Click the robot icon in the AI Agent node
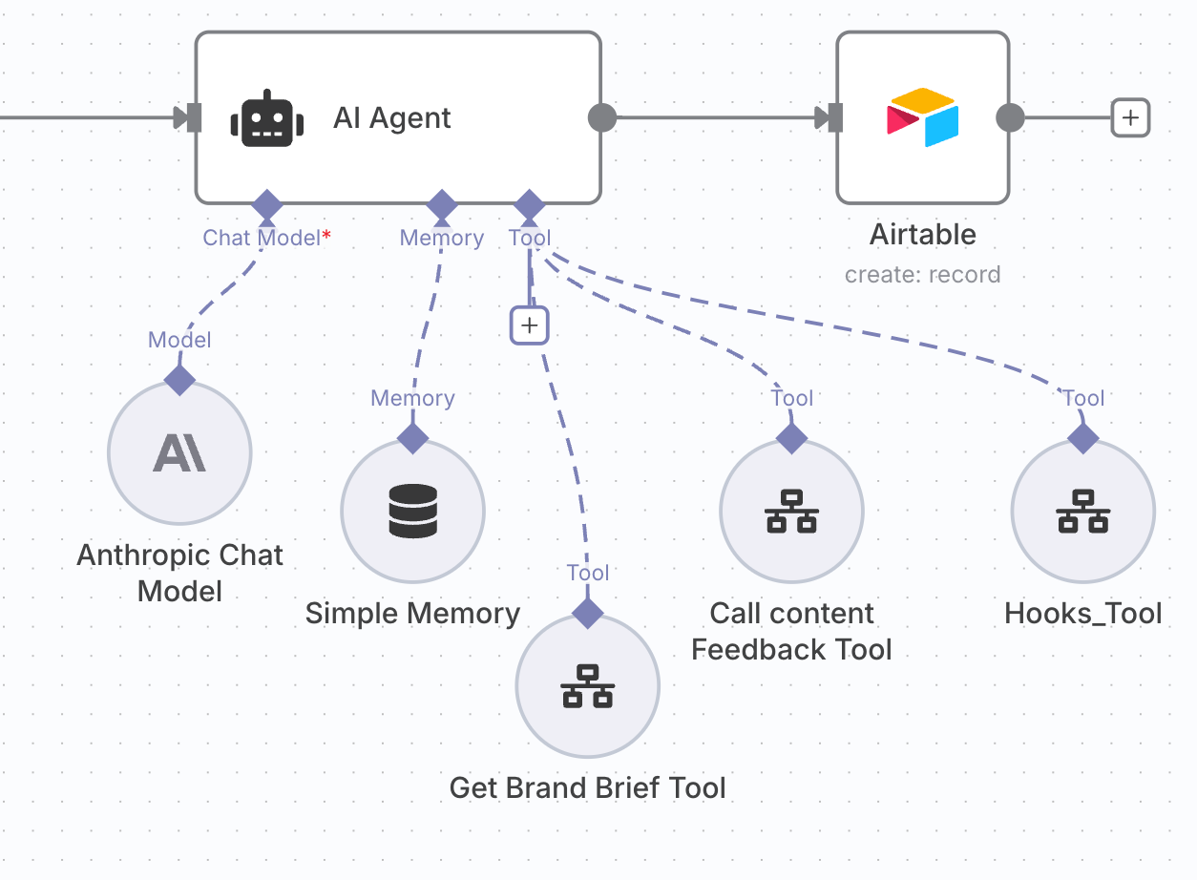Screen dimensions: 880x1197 pyautogui.click(x=266, y=119)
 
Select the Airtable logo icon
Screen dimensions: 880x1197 pyautogui.click(x=922, y=117)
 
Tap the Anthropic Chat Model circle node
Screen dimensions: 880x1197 pyautogui.click(x=179, y=452)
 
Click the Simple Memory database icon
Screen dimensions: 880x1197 pyautogui.click(x=413, y=511)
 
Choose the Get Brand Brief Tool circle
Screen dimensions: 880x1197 pyautogui.click(x=587, y=685)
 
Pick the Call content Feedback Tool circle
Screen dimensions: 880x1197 pyautogui.click(x=791, y=511)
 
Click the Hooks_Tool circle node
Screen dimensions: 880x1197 pyautogui.click(x=1083, y=511)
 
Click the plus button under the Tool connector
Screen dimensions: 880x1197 pyautogui.click(x=530, y=325)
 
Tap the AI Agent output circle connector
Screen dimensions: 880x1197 pyautogui.click(x=601, y=118)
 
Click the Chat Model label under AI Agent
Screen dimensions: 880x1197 pyautogui.click(x=261, y=238)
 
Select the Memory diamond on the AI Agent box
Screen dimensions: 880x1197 pyautogui.click(x=442, y=204)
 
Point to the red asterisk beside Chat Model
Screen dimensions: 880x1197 pyautogui.click(x=326, y=235)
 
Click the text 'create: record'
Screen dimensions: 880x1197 pyautogui.click(x=922, y=275)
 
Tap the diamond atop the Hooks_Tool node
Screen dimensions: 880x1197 pyautogui.click(x=1083, y=438)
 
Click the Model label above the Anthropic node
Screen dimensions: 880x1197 pyautogui.click(x=179, y=340)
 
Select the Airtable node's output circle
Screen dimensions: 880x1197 pyautogui.click(x=1010, y=118)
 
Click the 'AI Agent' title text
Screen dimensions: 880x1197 pyautogui.click(x=392, y=118)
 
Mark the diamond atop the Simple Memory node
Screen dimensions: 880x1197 pyautogui.click(x=413, y=438)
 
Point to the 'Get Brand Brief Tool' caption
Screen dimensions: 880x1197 pyautogui.click(x=587, y=788)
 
